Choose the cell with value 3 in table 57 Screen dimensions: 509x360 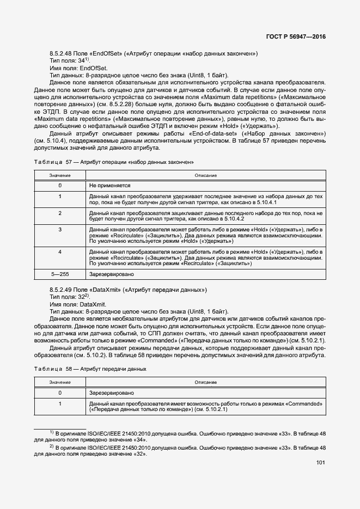[60, 230]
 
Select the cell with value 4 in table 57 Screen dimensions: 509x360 [60, 252]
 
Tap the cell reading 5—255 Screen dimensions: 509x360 [60, 274]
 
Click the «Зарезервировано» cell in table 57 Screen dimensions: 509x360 [111, 274]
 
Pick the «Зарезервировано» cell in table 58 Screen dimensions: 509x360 [111, 392]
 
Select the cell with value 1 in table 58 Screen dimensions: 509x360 [60, 403]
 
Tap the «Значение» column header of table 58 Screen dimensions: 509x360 [60, 382]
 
